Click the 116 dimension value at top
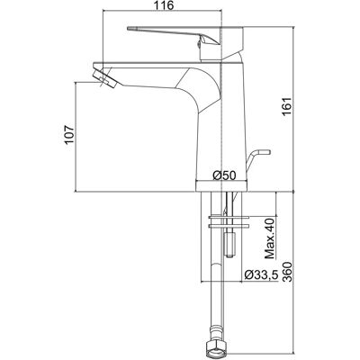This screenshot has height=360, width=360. [165, 5]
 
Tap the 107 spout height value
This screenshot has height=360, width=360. [69, 134]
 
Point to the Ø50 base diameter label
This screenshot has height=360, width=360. [225, 175]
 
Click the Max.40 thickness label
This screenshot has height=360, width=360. [270, 238]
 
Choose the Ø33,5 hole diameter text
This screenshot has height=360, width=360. [261, 274]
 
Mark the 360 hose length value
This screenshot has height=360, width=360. [287, 272]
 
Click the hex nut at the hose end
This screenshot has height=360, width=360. [216, 350]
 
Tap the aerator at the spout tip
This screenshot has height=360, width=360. [104, 78]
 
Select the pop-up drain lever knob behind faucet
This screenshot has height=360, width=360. [265, 152]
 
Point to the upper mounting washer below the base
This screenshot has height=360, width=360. [229, 217]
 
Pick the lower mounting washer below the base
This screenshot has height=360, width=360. [229, 226]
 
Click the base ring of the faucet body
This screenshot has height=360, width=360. [221, 186]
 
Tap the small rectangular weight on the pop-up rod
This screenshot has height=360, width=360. [230, 244]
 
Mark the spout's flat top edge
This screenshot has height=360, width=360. [168, 64]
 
